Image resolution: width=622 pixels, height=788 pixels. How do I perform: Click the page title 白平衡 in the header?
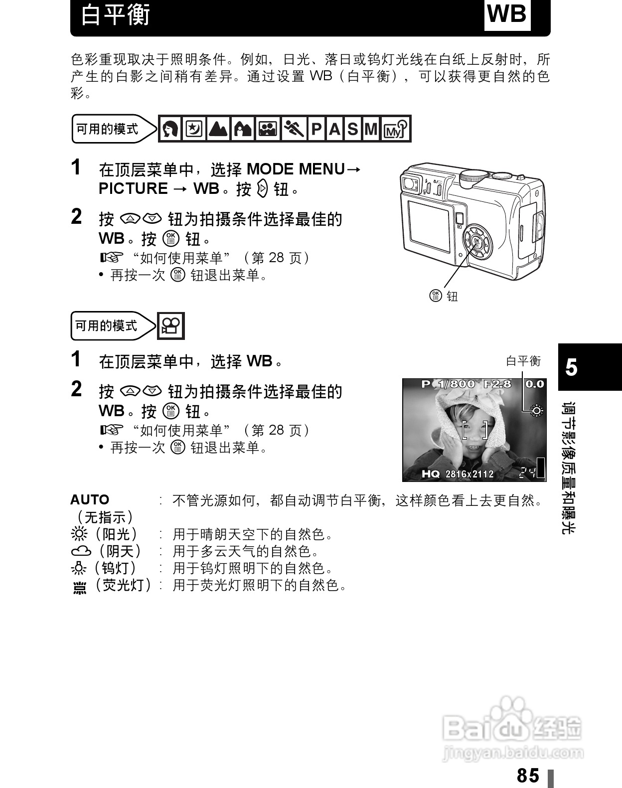[x=116, y=15]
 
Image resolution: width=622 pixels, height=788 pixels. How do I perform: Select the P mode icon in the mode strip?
[x=316, y=130]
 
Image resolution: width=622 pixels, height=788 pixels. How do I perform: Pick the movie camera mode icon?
[x=171, y=326]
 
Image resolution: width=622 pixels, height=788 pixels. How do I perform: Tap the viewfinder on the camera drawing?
[x=410, y=183]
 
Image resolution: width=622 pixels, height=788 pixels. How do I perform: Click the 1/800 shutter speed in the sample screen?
[x=457, y=384]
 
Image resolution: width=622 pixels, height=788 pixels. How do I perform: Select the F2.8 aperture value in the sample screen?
[x=497, y=384]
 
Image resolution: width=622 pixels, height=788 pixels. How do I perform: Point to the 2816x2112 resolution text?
[x=469, y=474]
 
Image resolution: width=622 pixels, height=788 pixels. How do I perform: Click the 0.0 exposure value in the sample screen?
[x=534, y=384]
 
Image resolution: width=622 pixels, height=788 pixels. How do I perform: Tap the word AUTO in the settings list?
[x=90, y=500]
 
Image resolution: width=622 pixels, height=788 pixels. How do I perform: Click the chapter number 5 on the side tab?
[x=572, y=367]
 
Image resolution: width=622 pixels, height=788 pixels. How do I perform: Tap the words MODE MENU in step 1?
[x=296, y=169]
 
